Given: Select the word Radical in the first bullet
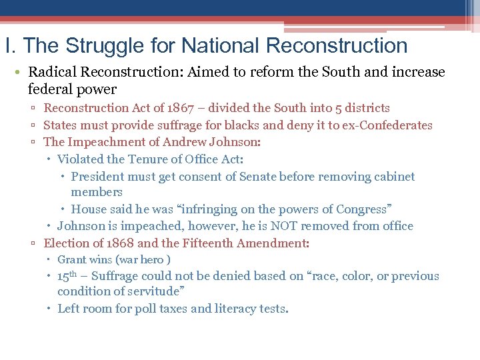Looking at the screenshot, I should click(x=52, y=72).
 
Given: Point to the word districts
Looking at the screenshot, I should click(x=368, y=108).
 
